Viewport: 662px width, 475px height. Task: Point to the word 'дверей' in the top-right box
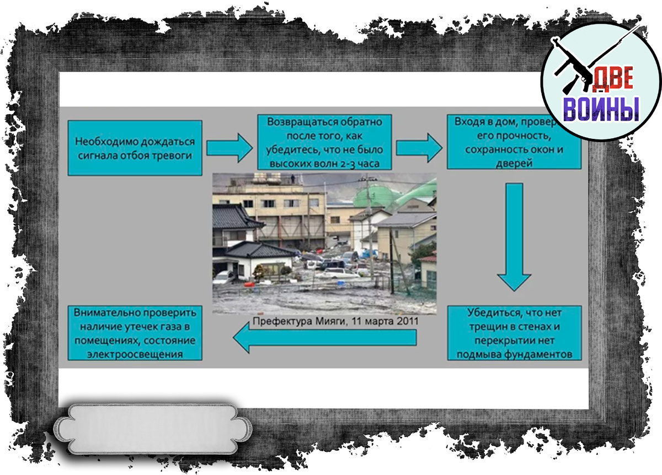pyautogui.click(x=513, y=163)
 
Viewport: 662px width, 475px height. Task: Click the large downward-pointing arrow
pyautogui.click(x=514, y=237)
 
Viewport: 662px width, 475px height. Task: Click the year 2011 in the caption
pyautogui.click(x=407, y=321)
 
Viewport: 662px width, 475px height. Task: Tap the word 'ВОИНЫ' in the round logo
pyautogui.click(x=601, y=109)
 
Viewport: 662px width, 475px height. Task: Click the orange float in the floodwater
pyautogui.click(x=250, y=284)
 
